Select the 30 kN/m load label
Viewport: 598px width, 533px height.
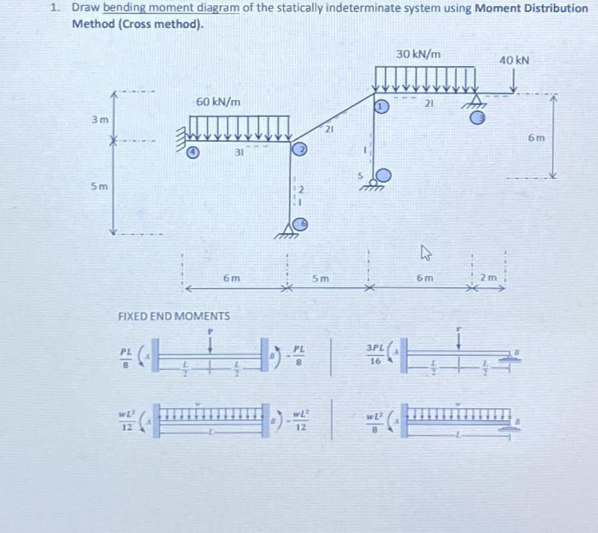[x=418, y=54]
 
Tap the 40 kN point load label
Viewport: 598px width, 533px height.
[x=514, y=60]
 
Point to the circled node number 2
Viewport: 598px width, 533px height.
[x=301, y=149]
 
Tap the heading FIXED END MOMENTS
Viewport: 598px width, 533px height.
[x=174, y=315]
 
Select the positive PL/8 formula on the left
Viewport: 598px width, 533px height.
[x=125, y=357]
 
